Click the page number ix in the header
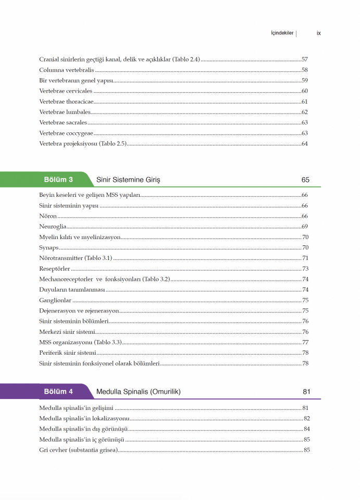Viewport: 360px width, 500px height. click(318, 33)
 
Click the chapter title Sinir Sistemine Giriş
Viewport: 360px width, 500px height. click(128, 180)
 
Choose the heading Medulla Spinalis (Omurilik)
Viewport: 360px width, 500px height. click(138, 392)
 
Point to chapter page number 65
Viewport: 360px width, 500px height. click(305, 180)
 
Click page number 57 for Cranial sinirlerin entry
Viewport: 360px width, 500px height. click(305, 59)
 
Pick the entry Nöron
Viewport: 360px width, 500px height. click(48, 216)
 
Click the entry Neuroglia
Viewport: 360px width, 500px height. click(53, 227)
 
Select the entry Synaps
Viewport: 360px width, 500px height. click(49, 248)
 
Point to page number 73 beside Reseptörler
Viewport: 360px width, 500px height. click(305, 269)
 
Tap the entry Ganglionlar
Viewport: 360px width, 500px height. click(55, 301)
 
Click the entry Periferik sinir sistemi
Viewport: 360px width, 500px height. click(67, 353)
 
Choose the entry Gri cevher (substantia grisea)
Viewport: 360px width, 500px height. click(79, 450)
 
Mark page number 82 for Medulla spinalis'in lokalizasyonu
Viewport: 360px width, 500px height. click(306, 418)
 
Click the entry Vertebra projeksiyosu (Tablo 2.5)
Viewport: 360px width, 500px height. click(83, 144)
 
